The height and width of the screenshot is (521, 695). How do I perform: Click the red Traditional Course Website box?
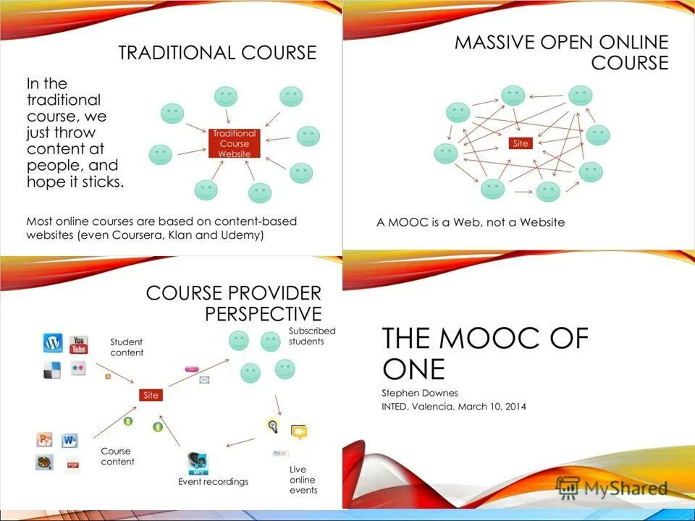[234, 143]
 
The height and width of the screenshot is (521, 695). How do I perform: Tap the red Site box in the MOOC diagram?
[521, 143]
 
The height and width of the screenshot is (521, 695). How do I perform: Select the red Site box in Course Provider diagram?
[151, 395]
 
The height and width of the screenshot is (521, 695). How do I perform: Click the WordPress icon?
[53, 342]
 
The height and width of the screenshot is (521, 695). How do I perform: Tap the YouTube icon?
[79, 344]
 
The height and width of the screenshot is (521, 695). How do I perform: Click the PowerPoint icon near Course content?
[45, 439]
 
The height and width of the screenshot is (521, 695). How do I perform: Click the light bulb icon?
[273, 426]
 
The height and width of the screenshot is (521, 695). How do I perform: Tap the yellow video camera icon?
[299, 432]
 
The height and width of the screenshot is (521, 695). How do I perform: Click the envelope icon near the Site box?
[204, 380]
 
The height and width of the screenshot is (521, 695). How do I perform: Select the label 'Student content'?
[127, 347]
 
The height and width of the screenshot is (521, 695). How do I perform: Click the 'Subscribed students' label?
[312, 336]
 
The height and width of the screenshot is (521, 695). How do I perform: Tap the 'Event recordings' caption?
[214, 482]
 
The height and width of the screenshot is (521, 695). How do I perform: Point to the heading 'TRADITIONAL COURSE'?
[217, 53]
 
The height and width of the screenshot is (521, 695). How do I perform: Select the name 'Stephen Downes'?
[419, 392]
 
